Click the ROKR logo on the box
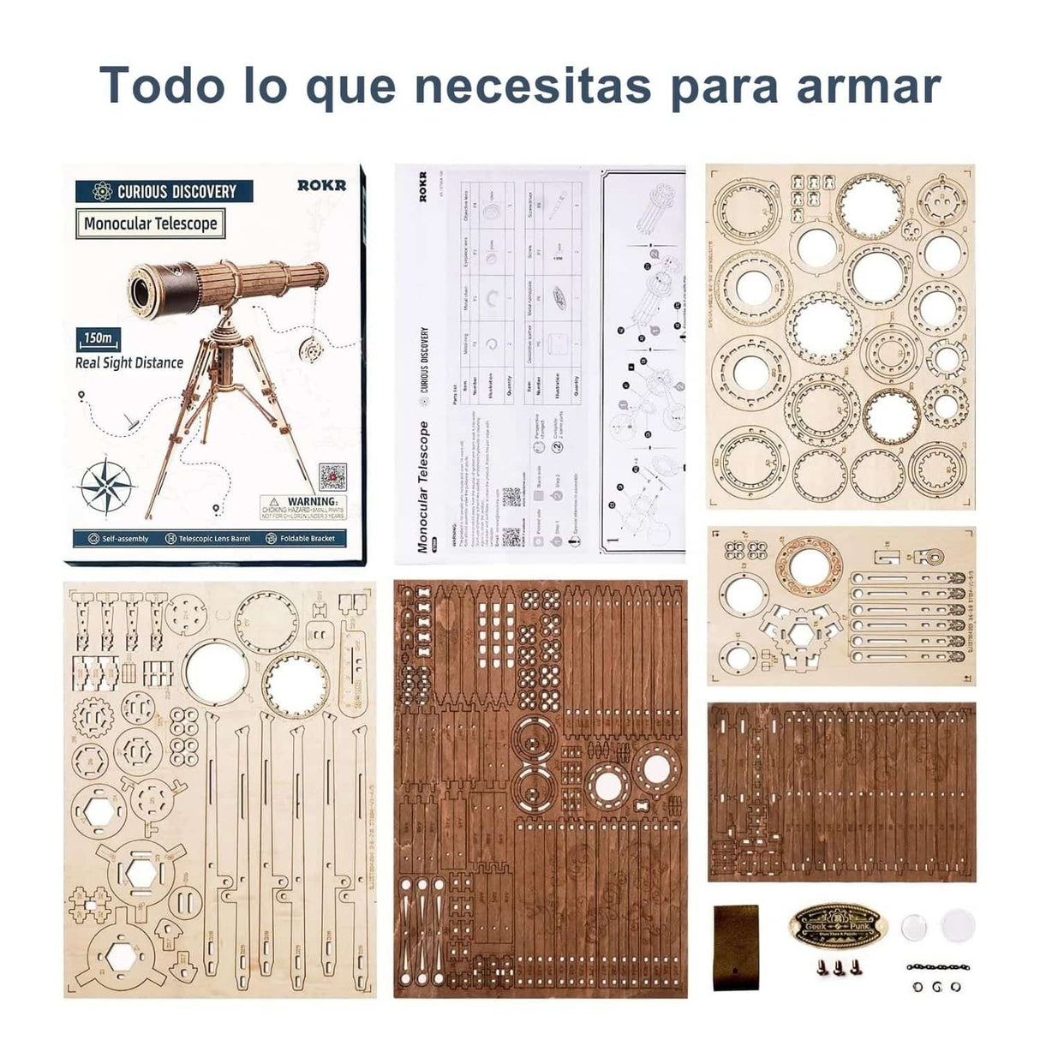pos(322,185)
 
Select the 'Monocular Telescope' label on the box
pos(151,224)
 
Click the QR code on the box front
pos(332,477)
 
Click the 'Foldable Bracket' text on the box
pos(307,539)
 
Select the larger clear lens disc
pos(957,924)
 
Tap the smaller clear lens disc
pos(916,926)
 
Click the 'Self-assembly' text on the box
pos(125,539)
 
